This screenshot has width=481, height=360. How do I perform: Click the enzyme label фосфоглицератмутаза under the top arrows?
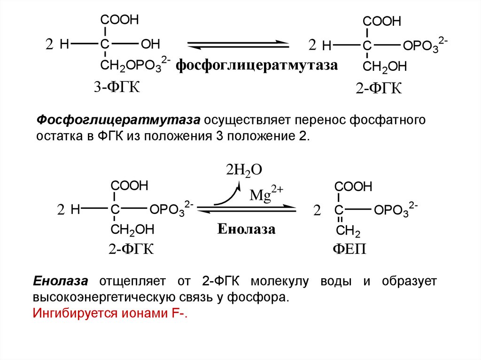click(257, 65)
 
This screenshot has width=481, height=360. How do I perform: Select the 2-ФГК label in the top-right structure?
click(379, 88)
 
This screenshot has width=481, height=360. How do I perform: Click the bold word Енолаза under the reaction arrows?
click(247, 230)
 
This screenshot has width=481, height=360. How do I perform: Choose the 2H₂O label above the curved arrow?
click(244, 169)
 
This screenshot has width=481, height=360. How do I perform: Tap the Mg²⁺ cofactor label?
click(266, 193)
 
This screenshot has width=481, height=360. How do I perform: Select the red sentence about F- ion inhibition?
click(110, 314)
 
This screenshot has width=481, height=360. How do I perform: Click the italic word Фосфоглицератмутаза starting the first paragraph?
click(118, 120)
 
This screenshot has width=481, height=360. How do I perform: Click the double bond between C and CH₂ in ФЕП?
click(340, 220)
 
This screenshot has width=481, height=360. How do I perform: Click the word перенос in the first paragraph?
click(319, 120)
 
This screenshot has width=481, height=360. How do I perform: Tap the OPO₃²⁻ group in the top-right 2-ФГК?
click(425, 46)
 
